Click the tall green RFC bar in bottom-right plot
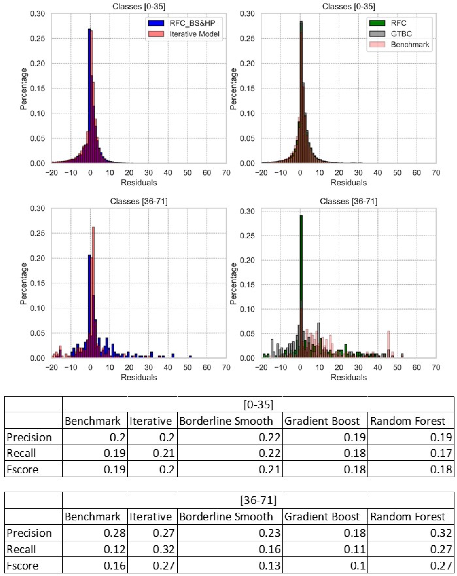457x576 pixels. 301,280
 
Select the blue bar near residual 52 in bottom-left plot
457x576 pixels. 190,357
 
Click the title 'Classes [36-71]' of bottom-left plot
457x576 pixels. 139,201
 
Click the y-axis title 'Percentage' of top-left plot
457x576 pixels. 23,88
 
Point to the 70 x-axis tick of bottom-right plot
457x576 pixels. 436,367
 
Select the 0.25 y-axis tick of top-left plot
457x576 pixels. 37,39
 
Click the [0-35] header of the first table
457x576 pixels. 258,404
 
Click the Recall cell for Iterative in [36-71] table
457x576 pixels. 163,549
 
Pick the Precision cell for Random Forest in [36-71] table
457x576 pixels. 440,533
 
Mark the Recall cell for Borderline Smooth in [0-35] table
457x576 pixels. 269,453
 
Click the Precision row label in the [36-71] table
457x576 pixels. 29,533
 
